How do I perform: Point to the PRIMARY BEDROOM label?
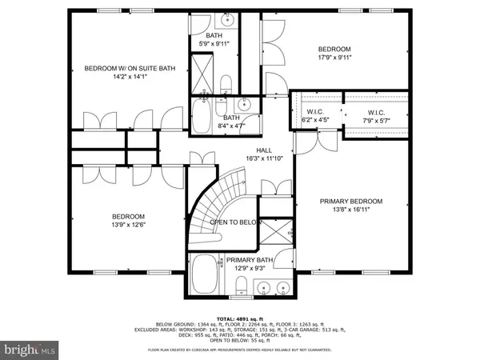[351, 201]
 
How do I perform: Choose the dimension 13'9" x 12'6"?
[128, 226]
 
